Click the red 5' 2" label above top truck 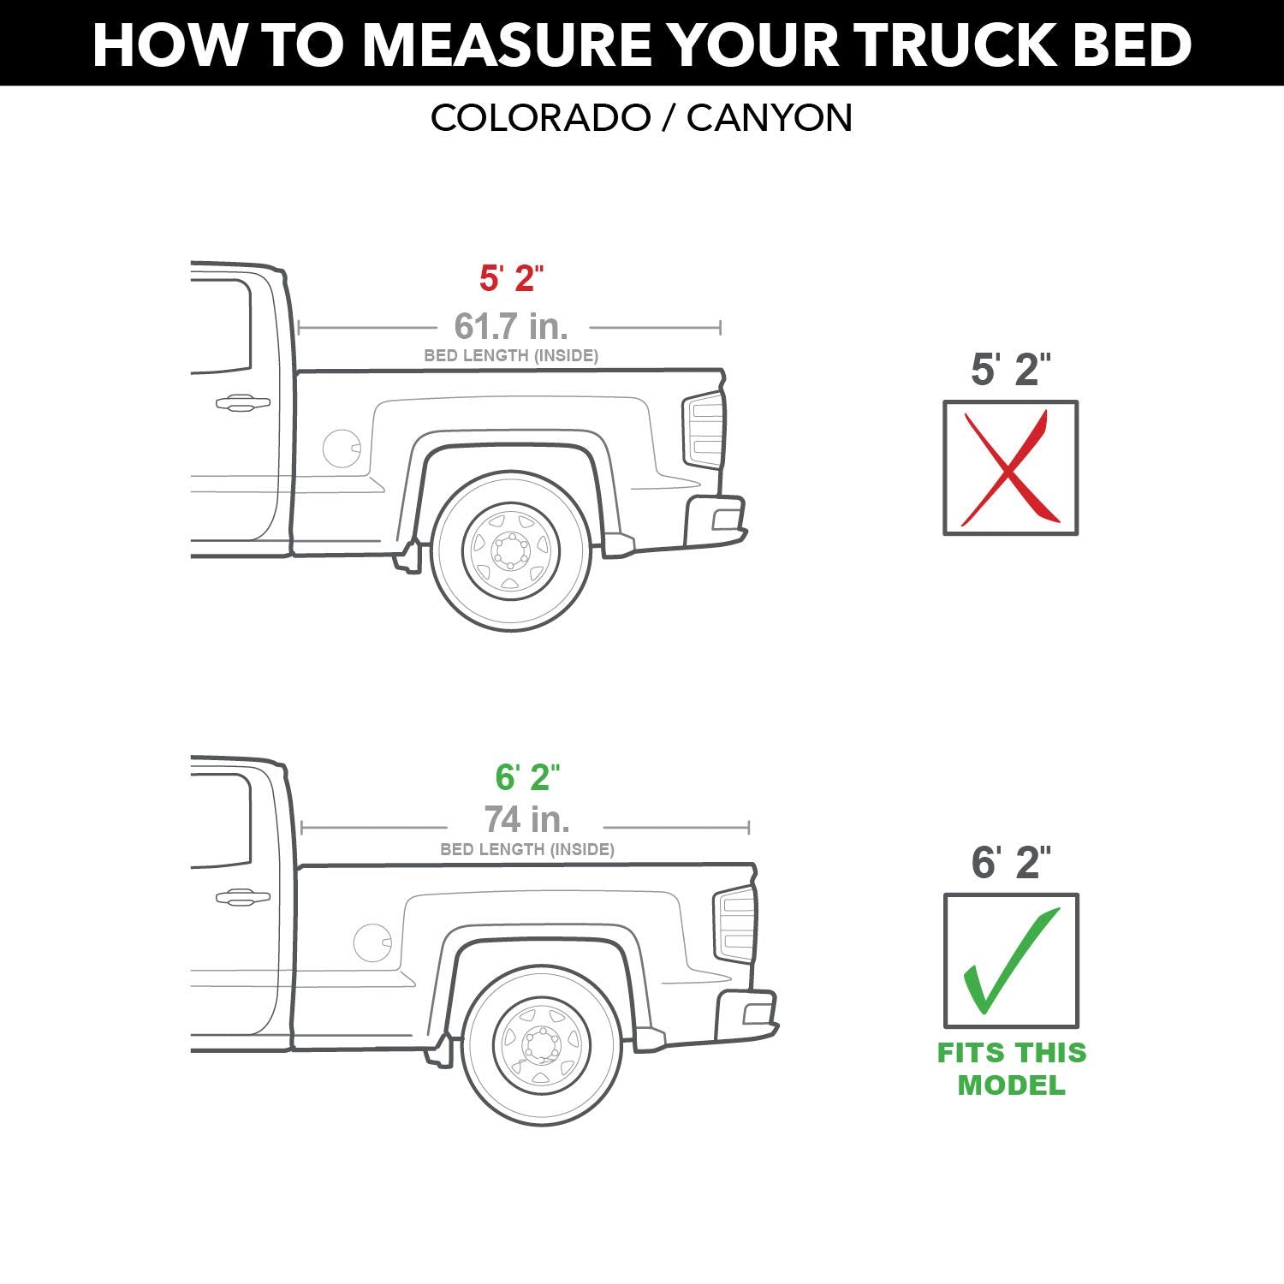pos(511,278)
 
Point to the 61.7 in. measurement pos(511,326)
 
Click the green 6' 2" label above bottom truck pos(527,777)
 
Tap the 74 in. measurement pos(527,820)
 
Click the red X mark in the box pos(1010,468)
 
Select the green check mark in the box pos(1010,960)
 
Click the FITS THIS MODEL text pos(1011,1068)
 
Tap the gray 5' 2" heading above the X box pos(1010,369)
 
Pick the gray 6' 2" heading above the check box pos(1010,862)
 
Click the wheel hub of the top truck pos(511,550)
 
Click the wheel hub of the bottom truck pos(542,1044)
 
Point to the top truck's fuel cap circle pos(342,449)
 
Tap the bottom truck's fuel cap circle pos(372,942)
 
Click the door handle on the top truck pos(242,402)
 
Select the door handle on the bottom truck pos(242,896)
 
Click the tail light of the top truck pos(704,431)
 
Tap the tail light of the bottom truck pos(735,924)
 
